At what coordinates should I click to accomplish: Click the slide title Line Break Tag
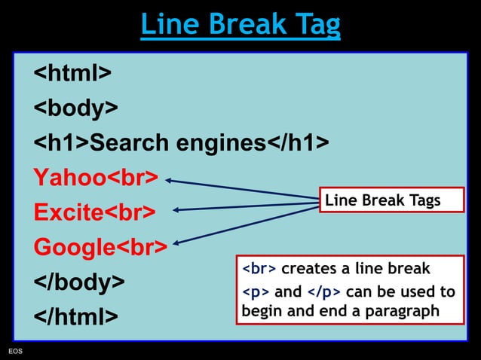[x=240, y=25]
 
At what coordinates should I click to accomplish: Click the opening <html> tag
[x=72, y=73]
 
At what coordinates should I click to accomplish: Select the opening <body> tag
[x=75, y=108]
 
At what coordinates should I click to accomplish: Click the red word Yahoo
[x=66, y=178]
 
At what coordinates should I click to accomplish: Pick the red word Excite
[x=67, y=212]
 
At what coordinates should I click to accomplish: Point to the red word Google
[x=73, y=247]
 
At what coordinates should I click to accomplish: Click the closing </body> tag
[x=78, y=282]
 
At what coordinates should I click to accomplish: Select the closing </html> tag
[x=75, y=317]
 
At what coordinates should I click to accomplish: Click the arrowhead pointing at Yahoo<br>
[x=170, y=180]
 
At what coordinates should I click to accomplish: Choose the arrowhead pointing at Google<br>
[x=177, y=243]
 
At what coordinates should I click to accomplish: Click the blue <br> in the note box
[x=259, y=269]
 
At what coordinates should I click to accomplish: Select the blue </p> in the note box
[x=324, y=291]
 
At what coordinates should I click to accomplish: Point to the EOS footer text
[x=15, y=352]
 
